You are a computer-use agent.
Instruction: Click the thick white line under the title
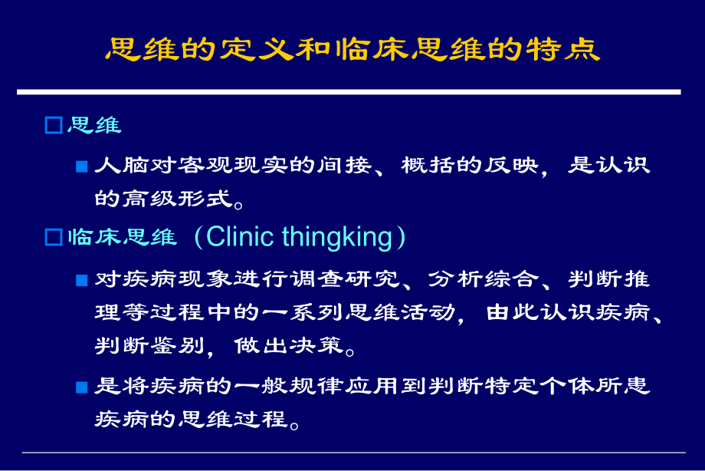tap(349, 92)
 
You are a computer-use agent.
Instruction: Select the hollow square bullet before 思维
tap(53, 126)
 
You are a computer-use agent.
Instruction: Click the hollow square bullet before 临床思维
tap(53, 238)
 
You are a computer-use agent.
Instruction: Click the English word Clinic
tap(240, 238)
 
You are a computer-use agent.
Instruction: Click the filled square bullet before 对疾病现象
tap(82, 280)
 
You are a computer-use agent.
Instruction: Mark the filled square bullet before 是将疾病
tap(82, 387)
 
